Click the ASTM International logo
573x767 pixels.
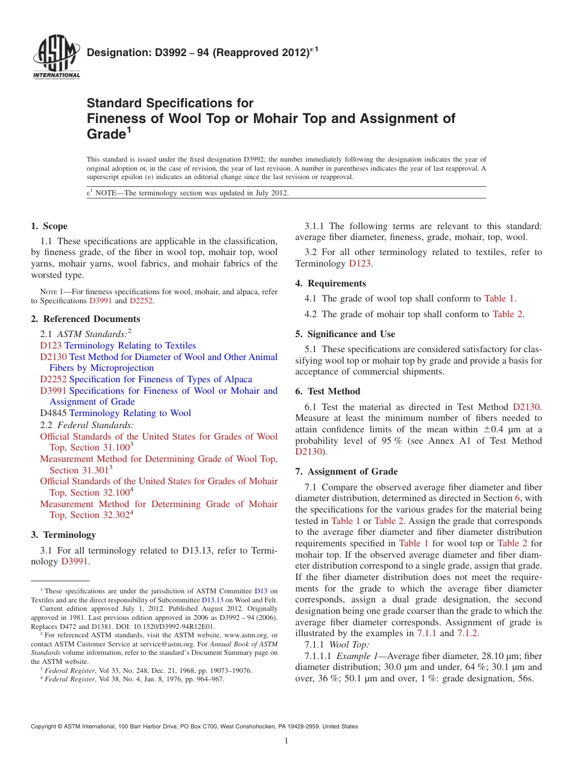pos(55,58)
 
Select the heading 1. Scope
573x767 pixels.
pos(49,226)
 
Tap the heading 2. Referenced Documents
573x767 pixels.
pos(85,319)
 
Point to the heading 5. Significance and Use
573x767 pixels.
pos(345,334)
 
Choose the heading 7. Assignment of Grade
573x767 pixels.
pos(346,472)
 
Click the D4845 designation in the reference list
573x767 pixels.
pos(53,413)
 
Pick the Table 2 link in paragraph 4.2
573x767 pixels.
pos(507,314)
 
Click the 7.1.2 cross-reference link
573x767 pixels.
pos(467,633)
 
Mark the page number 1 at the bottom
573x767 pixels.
pos(286,741)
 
